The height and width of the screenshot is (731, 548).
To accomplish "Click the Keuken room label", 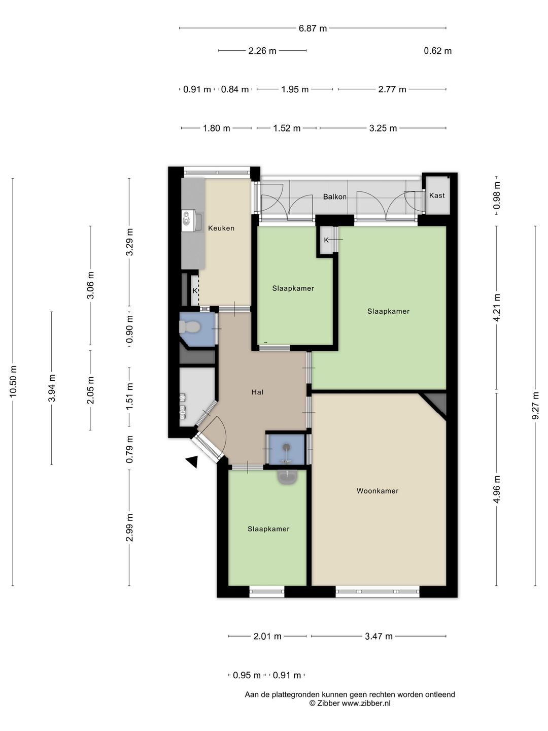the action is click(221, 228).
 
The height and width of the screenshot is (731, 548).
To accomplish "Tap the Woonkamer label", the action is click(378, 490).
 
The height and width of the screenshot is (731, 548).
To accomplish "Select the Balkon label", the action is click(335, 197).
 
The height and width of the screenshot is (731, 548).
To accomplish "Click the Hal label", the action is click(257, 392).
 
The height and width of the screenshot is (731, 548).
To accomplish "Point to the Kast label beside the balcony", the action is click(437, 195).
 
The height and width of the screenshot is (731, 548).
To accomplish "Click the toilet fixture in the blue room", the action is click(189, 327).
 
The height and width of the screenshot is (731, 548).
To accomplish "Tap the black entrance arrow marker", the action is click(192, 462).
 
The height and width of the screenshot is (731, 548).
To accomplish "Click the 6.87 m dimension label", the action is click(313, 28).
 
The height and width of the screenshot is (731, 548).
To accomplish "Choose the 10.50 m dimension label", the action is click(13, 381).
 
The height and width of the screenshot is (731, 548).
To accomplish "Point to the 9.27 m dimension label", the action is click(535, 405).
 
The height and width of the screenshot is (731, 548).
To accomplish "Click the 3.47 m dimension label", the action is click(379, 637).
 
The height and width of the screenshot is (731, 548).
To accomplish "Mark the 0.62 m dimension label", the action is click(437, 51).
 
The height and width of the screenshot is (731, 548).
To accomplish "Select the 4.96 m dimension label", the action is click(496, 489).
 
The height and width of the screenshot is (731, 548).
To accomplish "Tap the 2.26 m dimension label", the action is click(262, 51).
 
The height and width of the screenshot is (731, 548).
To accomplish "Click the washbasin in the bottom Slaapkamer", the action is click(287, 477).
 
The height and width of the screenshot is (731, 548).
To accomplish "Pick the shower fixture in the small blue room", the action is click(286, 454).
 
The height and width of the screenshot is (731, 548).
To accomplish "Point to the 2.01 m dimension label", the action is click(267, 637).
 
